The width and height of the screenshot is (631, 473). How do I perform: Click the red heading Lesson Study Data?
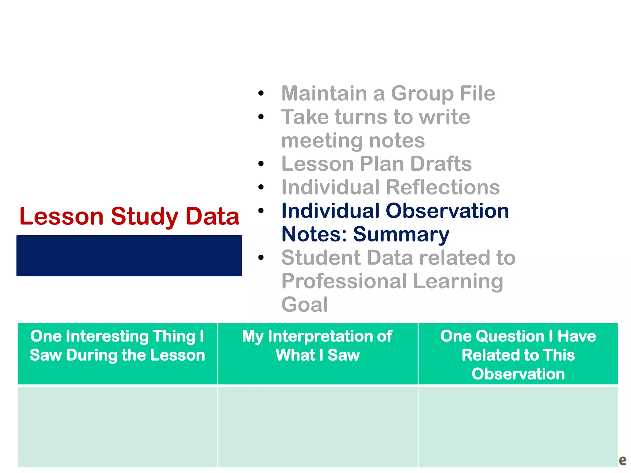[x=129, y=216]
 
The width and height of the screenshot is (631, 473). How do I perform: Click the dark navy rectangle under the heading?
[x=129, y=256]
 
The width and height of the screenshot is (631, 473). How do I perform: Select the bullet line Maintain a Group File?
[x=388, y=93]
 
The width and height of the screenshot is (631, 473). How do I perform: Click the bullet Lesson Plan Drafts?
[x=377, y=164]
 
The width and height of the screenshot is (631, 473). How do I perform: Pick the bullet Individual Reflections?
[x=390, y=187]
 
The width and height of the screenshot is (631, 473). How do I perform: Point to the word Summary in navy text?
[x=401, y=235]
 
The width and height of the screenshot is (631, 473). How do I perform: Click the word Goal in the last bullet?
[x=304, y=305]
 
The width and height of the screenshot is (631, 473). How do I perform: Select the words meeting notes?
[x=353, y=141]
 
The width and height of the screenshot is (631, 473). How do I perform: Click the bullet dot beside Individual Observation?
[x=261, y=211]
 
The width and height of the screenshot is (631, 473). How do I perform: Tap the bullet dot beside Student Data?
[x=261, y=258]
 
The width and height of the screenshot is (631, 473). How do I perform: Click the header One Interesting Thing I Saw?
[x=117, y=346]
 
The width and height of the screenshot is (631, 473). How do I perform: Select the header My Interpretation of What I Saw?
[x=318, y=346]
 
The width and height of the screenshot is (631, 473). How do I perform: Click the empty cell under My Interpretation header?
[x=318, y=427]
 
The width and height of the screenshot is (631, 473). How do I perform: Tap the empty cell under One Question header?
[x=518, y=427]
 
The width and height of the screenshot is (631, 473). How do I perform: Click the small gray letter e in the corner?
[x=622, y=460]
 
